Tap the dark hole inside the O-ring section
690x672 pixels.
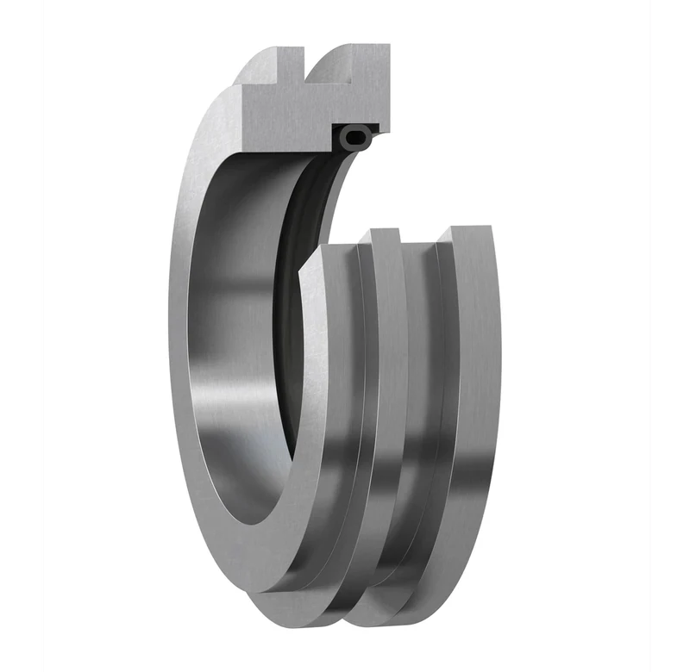[x=356, y=135]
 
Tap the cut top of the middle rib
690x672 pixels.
[x=384, y=233]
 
